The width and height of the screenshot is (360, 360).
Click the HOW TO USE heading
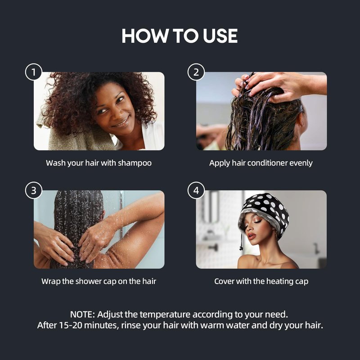(x=180, y=36)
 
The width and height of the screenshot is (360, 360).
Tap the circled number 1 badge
(x=34, y=72)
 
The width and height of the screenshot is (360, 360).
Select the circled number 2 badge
(x=196, y=72)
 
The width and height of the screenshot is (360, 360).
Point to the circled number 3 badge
(x=34, y=190)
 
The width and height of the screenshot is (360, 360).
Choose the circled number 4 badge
(x=196, y=190)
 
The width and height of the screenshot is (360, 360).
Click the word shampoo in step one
(x=135, y=163)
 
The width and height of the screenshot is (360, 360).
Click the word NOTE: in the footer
(x=82, y=315)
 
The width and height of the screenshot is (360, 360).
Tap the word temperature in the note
(x=165, y=315)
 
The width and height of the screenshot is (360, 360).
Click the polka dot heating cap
(x=264, y=211)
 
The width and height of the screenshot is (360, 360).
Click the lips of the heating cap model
(x=251, y=236)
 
